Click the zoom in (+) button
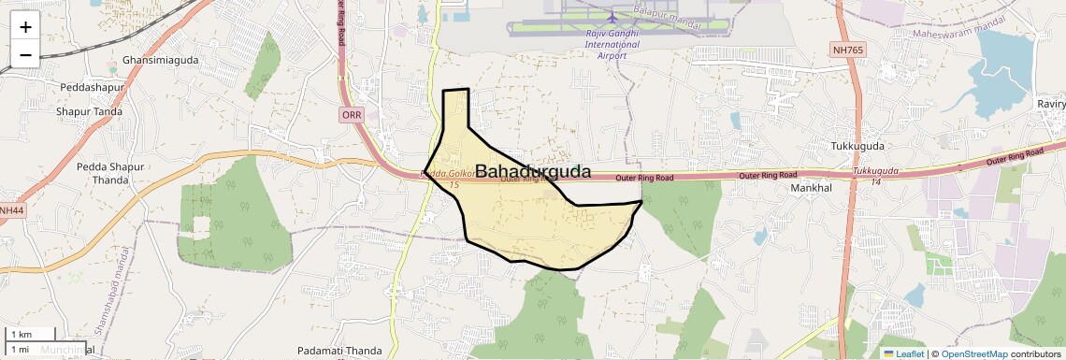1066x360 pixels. [25, 27]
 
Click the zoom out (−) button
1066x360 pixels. [25, 54]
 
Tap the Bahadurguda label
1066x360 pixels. [533, 171]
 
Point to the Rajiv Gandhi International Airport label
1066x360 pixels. [612, 44]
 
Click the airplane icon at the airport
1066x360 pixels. [612, 17]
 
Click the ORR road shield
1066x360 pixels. [352, 115]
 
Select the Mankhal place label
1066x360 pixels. [811, 188]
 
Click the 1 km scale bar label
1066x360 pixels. [22, 335]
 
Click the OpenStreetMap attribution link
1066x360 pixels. [973, 353]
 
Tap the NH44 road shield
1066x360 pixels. [10, 211]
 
